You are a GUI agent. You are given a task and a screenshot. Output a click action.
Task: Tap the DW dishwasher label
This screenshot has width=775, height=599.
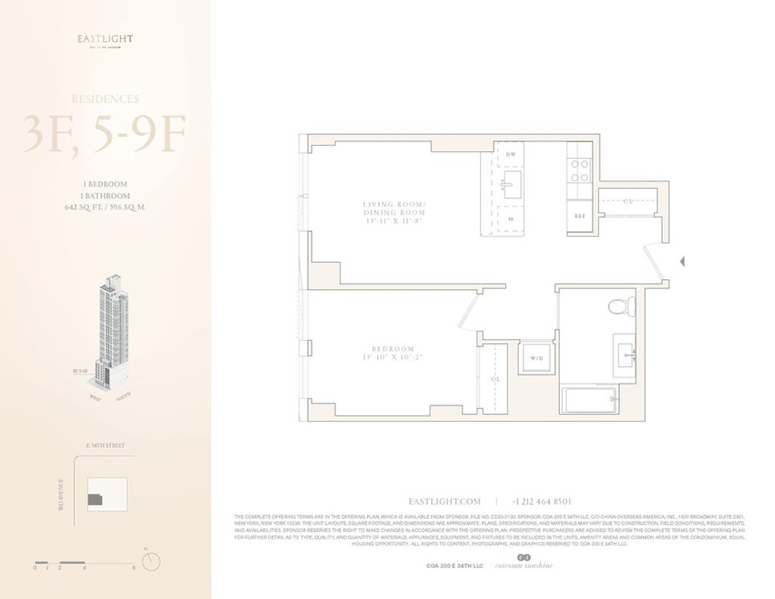tap(510, 154)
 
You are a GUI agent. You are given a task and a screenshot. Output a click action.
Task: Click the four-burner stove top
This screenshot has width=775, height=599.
tap(580, 170)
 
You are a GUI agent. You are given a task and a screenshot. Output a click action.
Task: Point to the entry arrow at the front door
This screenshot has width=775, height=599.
tap(682, 262)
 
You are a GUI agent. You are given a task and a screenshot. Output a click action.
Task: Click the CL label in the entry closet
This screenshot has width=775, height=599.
tap(627, 201)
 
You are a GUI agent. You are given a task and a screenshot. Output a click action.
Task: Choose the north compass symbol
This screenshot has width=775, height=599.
tap(150, 560)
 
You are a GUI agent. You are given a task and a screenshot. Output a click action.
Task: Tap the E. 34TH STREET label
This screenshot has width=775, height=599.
tap(105, 446)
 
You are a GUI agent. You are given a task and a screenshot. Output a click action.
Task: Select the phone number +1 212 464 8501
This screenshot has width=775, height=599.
tap(541, 501)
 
